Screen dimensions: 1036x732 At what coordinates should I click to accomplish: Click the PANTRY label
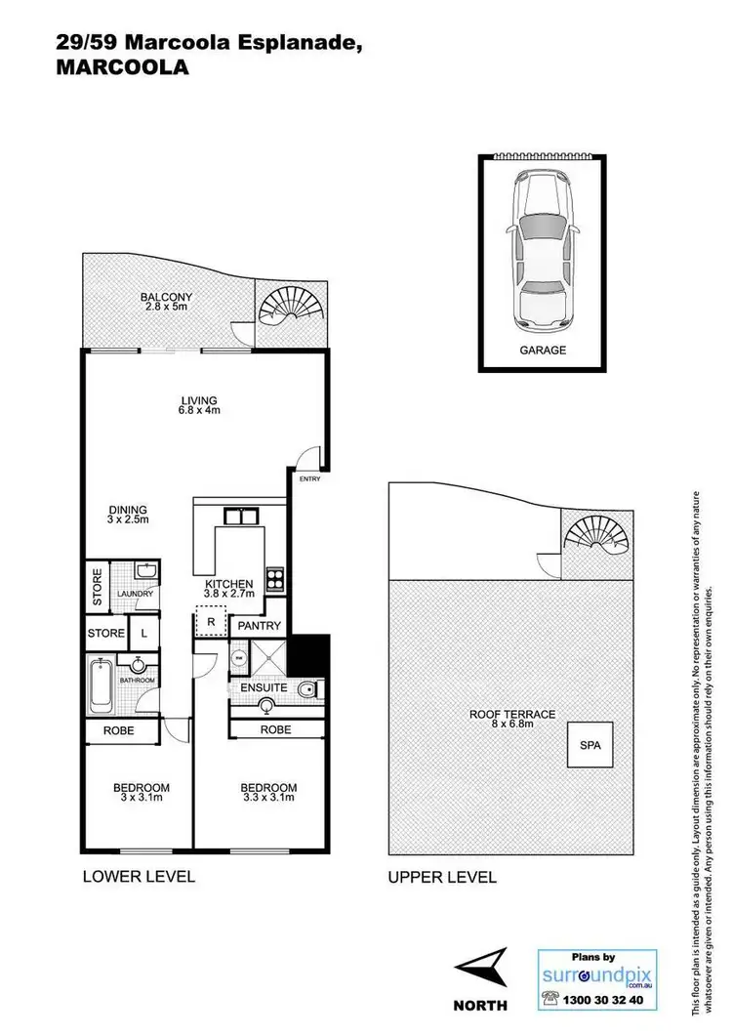[x=260, y=626]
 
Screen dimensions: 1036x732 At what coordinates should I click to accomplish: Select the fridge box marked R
[x=211, y=621]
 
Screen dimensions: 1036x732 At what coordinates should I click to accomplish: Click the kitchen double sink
[x=239, y=518]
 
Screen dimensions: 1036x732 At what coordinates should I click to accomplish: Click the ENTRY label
[x=309, y=478]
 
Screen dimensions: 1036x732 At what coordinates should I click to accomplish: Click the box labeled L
[x=144, y=634]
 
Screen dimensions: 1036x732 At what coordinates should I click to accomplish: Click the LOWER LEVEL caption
[x=139, y=876]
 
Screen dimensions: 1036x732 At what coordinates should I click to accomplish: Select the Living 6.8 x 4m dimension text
[x=198, y=410]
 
